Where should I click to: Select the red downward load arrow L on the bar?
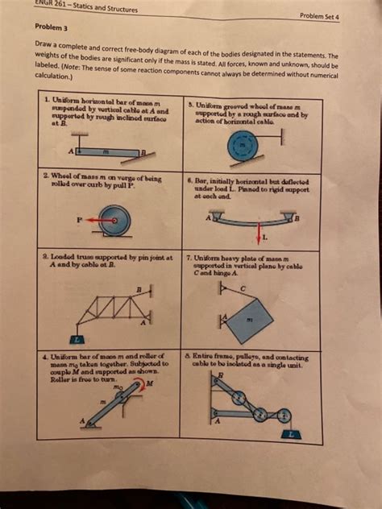tap(259, 232)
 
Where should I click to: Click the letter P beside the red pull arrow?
tap(80, 217)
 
